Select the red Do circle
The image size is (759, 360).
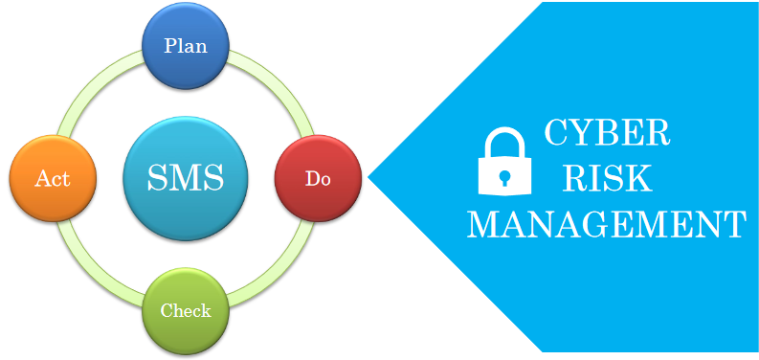[318, 178]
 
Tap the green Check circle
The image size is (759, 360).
[186, 310]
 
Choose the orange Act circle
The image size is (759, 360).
[53, 178]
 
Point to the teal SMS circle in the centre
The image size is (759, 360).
[186, 178]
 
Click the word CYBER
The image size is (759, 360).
[607, 133]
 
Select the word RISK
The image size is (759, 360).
[607, 178]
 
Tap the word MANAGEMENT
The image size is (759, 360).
[607, 225]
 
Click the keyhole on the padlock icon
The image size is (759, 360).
[504, 178]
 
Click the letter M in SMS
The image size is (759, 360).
[186, 178]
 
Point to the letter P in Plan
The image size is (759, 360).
[170, 45]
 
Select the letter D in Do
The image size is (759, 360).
[311, 179]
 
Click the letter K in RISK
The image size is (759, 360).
[641, 178]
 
